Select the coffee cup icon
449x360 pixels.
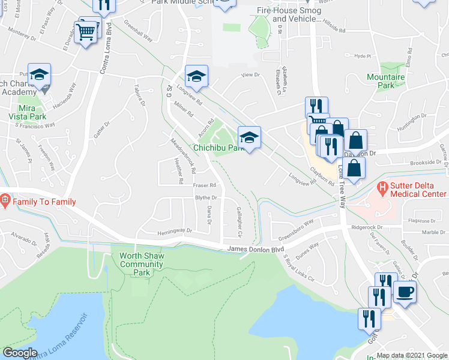tap(405, 292)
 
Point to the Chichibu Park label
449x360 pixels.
tap(217, 147)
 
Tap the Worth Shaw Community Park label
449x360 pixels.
tap(141, 264)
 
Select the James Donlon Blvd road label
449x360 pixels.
tap(255, 250)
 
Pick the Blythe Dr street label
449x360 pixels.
tap(205, 197)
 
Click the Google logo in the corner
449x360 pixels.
tap(20, 353)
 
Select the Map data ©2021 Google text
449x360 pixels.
tap(411, 355)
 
